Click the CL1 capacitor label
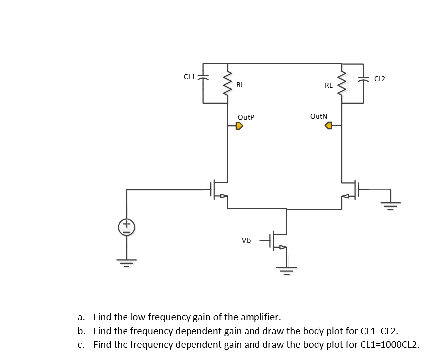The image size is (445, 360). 189,76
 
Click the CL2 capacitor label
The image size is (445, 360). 380,78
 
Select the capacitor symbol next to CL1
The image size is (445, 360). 203,78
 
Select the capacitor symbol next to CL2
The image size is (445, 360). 363,78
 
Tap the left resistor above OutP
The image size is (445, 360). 228,83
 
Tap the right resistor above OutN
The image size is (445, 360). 341,83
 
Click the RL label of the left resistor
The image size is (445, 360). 240,85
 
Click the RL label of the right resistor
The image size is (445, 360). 328,85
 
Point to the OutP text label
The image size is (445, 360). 246,117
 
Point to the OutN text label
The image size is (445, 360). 318,116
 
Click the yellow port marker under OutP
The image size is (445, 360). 239,126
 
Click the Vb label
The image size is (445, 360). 246,240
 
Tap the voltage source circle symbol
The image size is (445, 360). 127,227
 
